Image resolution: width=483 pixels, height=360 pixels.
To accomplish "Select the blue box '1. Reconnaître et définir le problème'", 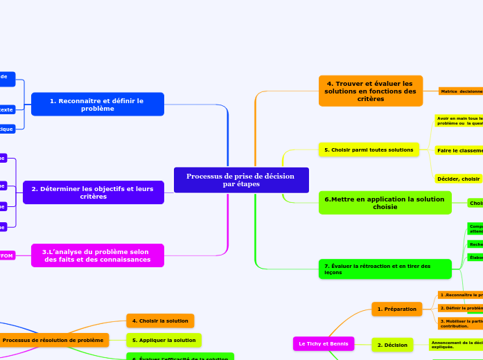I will (x=97, y=104).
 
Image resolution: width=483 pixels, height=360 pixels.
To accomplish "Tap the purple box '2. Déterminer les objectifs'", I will (x=94, y=192).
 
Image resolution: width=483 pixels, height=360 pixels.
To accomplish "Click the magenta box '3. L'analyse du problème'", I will (x=98, y=255).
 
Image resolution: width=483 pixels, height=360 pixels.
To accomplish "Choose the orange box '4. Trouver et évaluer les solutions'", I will (x=370, y=91).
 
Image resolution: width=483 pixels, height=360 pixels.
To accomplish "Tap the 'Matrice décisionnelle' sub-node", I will (x=461, y=91).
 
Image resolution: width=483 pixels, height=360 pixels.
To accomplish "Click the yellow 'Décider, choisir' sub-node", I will (x=458, y=179).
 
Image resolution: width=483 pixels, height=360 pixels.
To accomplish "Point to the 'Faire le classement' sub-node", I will (x=459, y=150).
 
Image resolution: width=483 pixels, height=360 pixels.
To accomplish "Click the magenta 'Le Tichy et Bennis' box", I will (x=323, y=343).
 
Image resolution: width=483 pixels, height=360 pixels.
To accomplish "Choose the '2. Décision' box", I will (x=392, y=344).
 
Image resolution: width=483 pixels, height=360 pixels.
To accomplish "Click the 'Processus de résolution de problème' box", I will (x=53, y=340).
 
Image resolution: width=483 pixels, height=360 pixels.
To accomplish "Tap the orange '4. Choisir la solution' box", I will (x=159, y=321).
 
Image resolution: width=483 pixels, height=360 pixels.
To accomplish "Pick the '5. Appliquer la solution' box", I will (x=164, y=340).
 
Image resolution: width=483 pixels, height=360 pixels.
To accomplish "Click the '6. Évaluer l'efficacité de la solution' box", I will (x=179, y=358).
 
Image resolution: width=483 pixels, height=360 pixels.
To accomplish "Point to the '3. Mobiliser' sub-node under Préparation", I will (x=460, y=323).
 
